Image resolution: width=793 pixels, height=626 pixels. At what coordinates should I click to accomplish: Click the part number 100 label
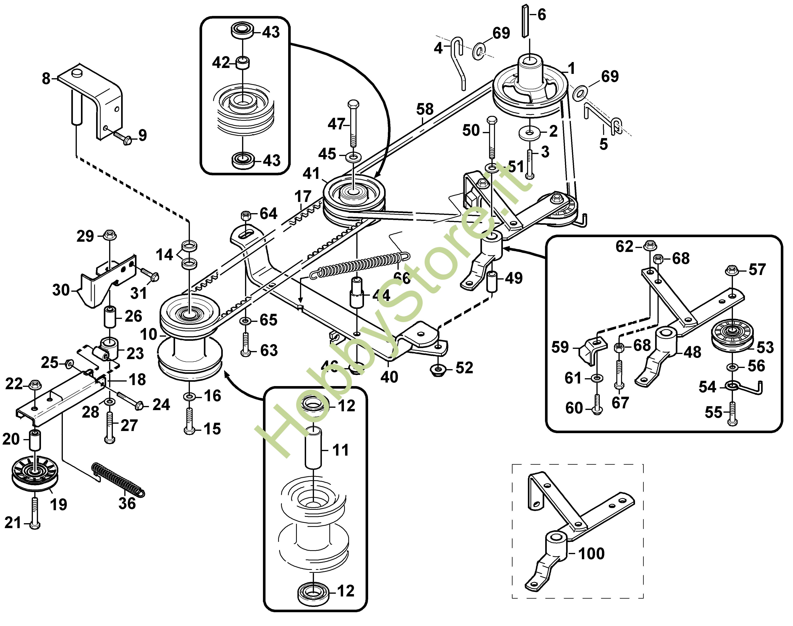(x=591, y=554)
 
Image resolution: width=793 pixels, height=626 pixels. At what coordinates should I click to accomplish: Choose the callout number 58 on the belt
(x=425, y=109)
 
